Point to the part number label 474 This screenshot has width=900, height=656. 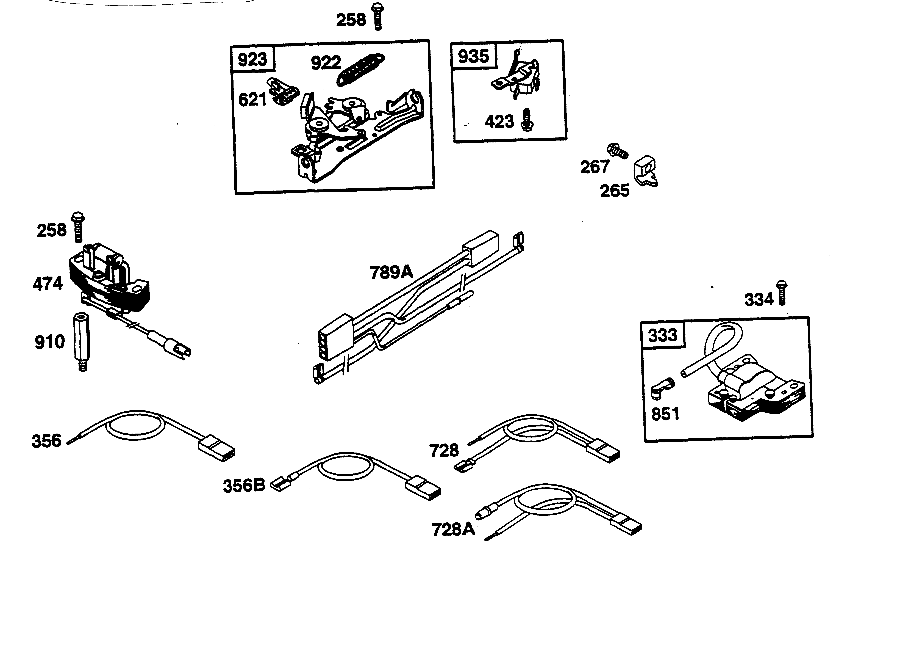48,284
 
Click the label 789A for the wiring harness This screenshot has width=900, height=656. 391,272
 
